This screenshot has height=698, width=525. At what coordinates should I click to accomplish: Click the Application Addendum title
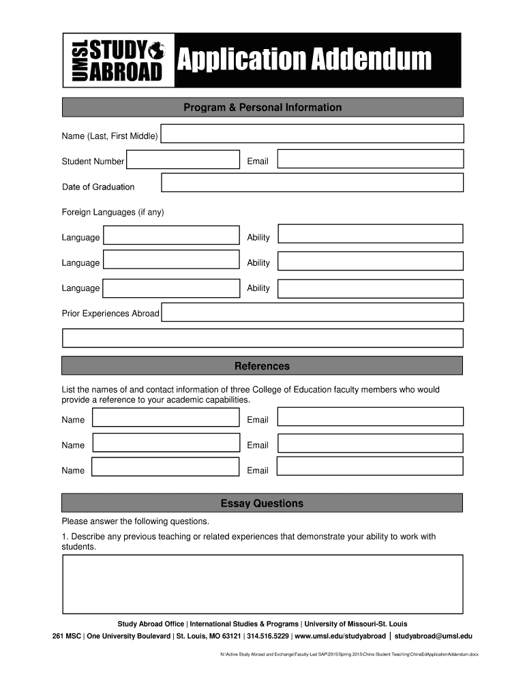304,60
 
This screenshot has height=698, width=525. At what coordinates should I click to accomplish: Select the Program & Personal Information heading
262,108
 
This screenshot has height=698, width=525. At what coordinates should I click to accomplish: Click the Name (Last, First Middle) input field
312,135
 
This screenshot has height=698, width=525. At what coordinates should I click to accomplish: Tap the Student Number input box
183,160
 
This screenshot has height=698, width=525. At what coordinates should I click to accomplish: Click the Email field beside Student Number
370,160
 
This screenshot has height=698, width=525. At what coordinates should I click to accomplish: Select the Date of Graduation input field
312,183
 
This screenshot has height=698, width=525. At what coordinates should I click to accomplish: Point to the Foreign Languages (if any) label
113,212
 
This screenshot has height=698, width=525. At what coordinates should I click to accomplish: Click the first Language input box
171,236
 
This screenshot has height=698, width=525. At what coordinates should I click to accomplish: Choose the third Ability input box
370,288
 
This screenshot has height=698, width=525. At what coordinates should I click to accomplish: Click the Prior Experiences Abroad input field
312,313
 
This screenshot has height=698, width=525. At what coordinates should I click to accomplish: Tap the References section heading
262,366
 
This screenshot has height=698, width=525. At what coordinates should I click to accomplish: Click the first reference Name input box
166,418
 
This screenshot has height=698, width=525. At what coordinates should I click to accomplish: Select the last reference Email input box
370,468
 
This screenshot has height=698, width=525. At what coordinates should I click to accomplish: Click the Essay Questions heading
262,504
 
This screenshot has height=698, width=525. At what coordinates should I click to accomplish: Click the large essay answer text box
262,584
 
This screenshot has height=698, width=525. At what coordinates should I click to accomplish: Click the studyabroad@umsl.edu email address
433,636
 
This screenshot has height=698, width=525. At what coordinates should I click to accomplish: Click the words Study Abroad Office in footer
151,624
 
